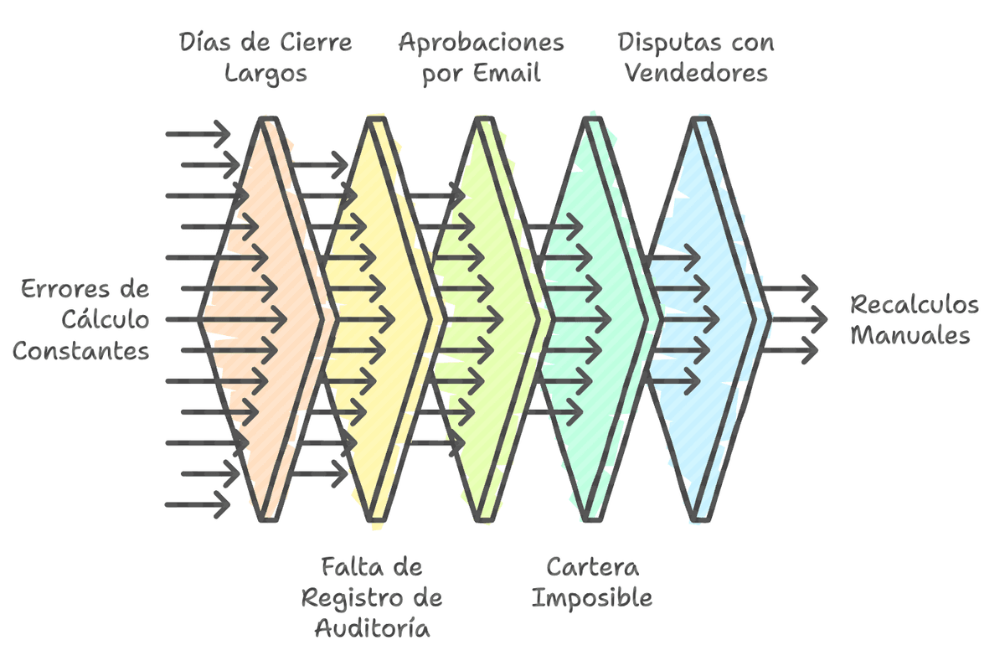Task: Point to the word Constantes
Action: [x=80, y=350]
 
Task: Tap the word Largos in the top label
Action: [x=265, y=73]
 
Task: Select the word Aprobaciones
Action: [x=481, y=42]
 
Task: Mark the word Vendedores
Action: [x=697, y=73]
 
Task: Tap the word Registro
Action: [x=355, y=598]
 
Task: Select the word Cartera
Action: [x=592, y=567]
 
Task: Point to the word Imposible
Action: [x=592, y=598]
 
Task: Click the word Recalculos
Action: [x=914, y=304]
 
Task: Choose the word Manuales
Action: [x=910, y=335]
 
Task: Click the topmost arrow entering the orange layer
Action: [x=198, y=133]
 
